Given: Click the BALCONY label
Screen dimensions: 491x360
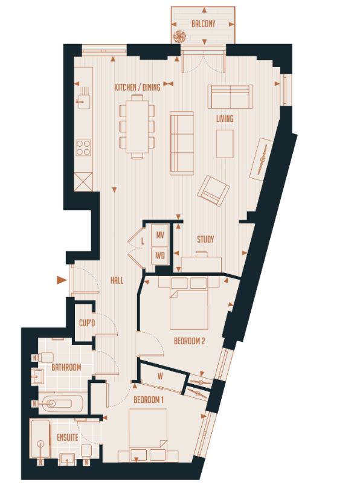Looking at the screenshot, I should (204, 24).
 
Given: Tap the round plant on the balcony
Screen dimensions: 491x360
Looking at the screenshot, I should (179, 36).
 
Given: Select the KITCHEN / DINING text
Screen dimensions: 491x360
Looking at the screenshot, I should (138, 87).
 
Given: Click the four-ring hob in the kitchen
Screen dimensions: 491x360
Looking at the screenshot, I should (83, 147).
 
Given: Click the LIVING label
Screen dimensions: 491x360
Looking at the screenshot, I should (225, 119).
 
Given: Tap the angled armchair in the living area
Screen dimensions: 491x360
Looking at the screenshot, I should (213, 191).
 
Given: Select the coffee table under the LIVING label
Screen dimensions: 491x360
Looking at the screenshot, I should (225, 143).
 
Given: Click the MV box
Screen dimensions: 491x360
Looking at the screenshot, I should (160, 235).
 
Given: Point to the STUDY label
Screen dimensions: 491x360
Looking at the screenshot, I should (205, 240).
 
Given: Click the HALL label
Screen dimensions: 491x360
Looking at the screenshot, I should (117, 281).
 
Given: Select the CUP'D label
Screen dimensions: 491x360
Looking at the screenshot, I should (87, 324).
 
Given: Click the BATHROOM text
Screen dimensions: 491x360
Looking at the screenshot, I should (66, 367).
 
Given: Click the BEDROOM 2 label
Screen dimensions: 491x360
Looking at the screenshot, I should (190, 341).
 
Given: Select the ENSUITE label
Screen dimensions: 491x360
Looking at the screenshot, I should (68, 437).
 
